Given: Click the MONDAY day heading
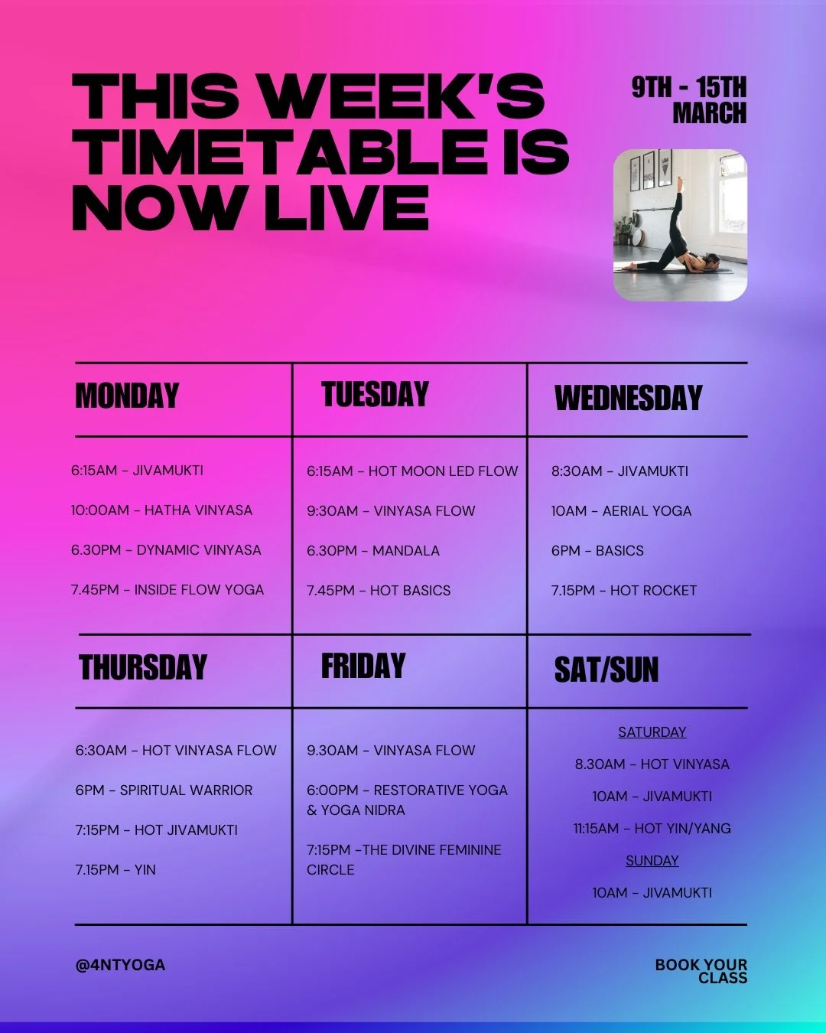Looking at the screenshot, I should click(127, 396).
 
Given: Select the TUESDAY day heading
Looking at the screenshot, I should click(375, 395).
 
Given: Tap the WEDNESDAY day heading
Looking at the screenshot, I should click(628, 398).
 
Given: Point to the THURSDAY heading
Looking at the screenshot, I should click(143, 668).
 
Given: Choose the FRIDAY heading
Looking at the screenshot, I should click(363, 666).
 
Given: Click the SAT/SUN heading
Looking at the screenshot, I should click(606, 670).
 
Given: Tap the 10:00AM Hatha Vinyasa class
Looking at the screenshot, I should click(161, 510).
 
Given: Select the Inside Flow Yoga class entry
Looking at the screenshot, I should click(167, 590).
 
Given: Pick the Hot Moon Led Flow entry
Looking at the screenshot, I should click(412, 471).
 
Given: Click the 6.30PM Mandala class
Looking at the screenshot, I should click(373, 551).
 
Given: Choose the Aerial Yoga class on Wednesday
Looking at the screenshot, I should click(621, 511).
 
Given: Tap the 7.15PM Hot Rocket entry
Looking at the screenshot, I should click(624, 591).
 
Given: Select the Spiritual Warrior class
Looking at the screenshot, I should click(164, 790).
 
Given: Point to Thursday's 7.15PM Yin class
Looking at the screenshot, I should click(115, 870).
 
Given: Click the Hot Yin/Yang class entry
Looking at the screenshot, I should click(652, 829).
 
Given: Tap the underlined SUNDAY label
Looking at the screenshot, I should click(652, 861).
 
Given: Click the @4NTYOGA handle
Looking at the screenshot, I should click(120, 966).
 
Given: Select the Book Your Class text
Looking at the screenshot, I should click(701, 971).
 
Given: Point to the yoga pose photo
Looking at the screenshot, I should click(680, 225).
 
